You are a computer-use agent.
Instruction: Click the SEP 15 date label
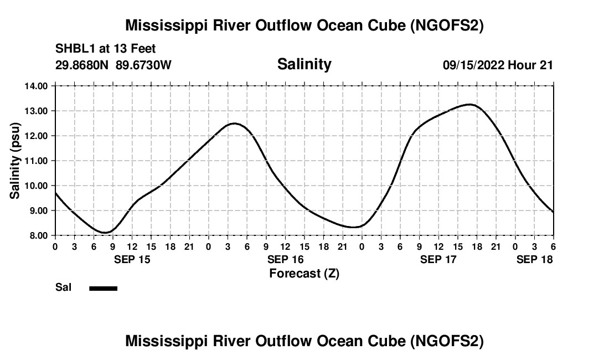click(x=132, y=259)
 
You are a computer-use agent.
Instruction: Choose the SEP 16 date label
click(x=286, y=259)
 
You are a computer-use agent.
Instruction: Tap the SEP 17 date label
click(x=438, y=259)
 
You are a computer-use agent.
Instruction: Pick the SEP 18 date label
click(x=534, y=259)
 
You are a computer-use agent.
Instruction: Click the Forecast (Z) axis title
click(x=304, y=273)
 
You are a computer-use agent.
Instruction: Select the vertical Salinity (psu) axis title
click(x=15, y=161)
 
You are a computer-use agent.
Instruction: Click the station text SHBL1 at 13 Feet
click(x=105, y=49)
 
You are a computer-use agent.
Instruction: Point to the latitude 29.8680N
click(x=82, y=65)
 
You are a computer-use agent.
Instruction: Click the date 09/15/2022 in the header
click(x=473, y=65)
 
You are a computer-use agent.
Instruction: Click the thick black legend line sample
click(x=104, y=288)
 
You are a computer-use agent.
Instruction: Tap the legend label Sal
click(x=63, y=288)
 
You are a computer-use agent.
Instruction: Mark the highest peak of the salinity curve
click(x=470, y=104)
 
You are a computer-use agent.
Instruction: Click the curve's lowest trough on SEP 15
click(x=106, y=232)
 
